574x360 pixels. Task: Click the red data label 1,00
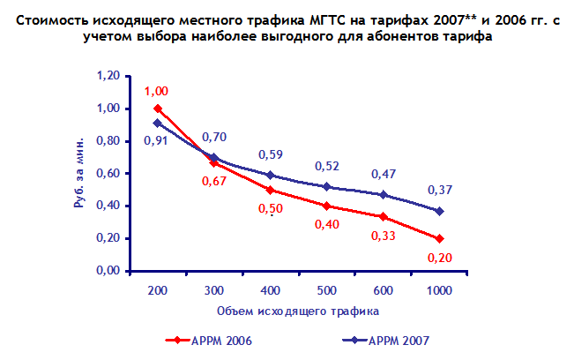tap(156, 91)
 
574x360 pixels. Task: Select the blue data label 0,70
tap(214, 138)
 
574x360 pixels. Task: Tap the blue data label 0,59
tap(270, 154)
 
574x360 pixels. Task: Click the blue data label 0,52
tap(326, 167)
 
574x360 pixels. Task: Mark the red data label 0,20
tap(437, 258)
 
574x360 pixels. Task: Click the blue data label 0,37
tap(438, 190)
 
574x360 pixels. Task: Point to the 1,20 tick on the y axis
tap(106, 77)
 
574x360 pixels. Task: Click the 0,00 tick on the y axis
tap(106, 271)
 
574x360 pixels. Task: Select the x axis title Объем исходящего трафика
tap(297, 311)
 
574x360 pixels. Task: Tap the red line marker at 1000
tap(438, 238)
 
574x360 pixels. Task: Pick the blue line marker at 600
tap(382, 195)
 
